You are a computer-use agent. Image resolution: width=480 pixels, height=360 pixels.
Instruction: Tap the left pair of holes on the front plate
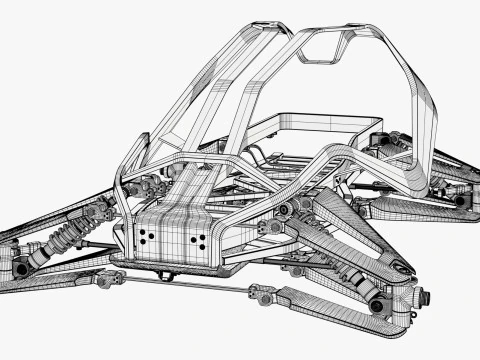click(148, 237)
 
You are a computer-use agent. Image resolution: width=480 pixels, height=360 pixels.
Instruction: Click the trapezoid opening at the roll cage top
click(325, 45)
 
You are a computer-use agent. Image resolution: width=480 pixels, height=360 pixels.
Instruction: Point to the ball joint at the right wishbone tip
click(403, 268)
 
